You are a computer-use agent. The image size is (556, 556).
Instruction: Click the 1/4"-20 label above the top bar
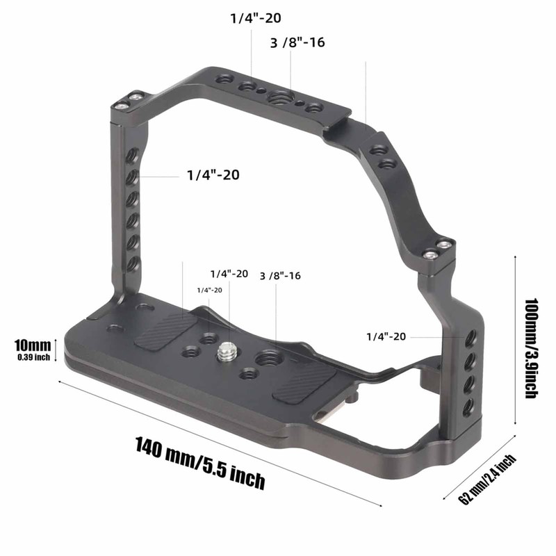(x=256, y=18)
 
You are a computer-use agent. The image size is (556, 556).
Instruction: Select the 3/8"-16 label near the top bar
(x=297, y=42)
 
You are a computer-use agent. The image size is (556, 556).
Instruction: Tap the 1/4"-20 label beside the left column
(x=213, y=175)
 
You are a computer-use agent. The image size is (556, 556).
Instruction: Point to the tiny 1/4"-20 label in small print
(x=209, y=290)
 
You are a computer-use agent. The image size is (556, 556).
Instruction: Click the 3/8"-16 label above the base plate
(x=279, y=276)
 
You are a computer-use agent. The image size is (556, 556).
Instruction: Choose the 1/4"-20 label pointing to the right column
(x=386, y=336)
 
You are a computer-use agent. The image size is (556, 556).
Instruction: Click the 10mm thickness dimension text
(x=32, y=345)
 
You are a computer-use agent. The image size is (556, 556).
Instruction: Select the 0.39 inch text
(x=32, y=357)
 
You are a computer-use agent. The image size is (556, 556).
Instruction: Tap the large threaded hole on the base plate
(x=267, y=359)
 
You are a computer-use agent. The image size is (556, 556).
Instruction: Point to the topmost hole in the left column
(x=132, y=159)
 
